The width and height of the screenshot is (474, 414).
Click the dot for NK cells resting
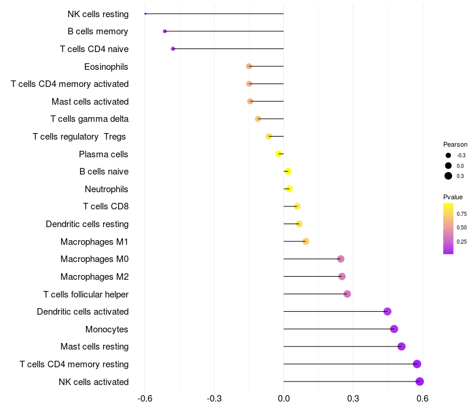pyautogui.click(x=145, y=14)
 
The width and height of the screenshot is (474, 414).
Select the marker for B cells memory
pyautogui.click(x=165, y=31)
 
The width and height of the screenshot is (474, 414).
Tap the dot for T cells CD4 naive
pyautogui.click(x=173, y=48)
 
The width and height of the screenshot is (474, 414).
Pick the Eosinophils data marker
pyautogui.click(x=249, y=66)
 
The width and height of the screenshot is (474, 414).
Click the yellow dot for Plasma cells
pyautogui.click(x=278, y=154)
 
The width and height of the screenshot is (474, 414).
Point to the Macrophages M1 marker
pyautogui.click(x=306, y=241)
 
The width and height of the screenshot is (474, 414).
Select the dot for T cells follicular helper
pyautogui.click(x=347, y=294)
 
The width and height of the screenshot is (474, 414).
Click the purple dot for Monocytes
pyautogui.click(x=394, y=329)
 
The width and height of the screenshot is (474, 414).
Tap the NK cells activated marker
pyautogui.click(x=419, y=381)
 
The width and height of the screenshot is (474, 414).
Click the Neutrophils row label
pyautogui.click(x=107, y=189)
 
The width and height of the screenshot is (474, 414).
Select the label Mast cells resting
pyautogui.click(x=94, y=347)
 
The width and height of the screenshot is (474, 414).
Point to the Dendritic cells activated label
pyautogui.click(x=83, y=312)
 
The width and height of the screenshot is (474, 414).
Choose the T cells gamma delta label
pyautogui.click(x=89, y=119)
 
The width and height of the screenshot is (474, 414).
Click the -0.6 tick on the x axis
pyautogui.click(x=145, y=399)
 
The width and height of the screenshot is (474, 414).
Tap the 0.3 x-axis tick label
pyautogui.click(x=353, y=399)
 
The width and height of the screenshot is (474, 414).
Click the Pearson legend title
pyautogui.click(x=455, y=144)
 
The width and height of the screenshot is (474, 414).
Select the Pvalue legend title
pyautogui.click(x=453, y=197)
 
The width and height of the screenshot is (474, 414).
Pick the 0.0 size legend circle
pyautogui.click(x=449, y=166)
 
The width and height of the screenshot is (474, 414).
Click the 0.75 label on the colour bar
pyautogui.click(x=462, y=214)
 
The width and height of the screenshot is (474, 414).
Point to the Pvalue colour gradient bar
pyautogui.click(x=449, y=228)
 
